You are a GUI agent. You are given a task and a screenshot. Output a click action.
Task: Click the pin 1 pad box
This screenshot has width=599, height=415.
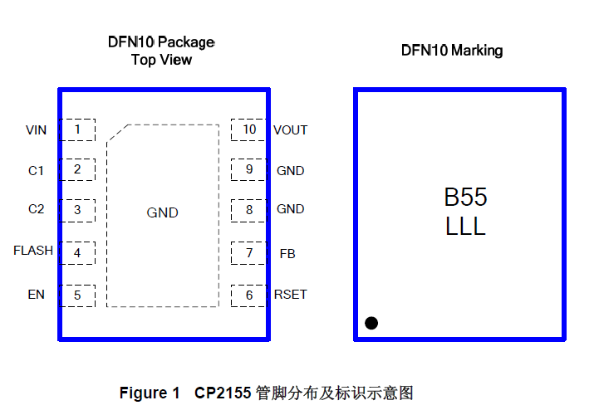pyautogui.click(x=77, y=129)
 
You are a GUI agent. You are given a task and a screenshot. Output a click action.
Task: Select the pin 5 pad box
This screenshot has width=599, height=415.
pyautogui.click(x=77, y=295)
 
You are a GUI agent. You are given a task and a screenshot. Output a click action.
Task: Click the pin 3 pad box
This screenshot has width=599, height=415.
pyautogui.click(x=77, y=209)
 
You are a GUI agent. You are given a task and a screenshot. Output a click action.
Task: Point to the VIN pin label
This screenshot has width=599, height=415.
pyautogui.click(x=36, y=130)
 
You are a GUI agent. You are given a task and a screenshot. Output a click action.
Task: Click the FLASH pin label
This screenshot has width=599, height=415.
pyautogui.click(x=33, y=251)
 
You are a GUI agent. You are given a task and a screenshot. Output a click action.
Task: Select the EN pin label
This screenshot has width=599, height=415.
pyautogui.click(x=36, y=295)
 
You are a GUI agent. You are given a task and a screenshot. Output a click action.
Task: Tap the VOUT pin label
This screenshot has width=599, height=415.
pyautogui.click(x=290, y=130)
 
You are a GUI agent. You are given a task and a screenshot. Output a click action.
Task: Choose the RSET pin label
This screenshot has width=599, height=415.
pyautogui.click(x=290, y=295)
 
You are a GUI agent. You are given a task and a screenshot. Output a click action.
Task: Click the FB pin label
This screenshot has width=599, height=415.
pyautogui.click(x=287, y=252)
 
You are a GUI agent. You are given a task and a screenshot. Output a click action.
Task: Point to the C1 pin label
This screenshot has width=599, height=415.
pyautogui.click(x=36, y=171)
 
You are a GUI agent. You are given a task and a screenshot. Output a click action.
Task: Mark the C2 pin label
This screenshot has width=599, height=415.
pyautogui.click(x=36, y=209)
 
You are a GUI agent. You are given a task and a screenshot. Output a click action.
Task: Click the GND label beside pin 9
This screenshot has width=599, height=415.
pyautogui.click(x=290, y=171)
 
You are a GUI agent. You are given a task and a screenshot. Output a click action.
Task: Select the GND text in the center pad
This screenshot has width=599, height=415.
pyautogui.click(x=162, y=213)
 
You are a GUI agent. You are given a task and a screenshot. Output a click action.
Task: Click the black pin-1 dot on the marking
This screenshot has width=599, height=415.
pyautogui.click(x=371, y=323)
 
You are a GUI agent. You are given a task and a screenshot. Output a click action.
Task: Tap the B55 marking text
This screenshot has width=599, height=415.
pyautogui.click(x=465, y=198)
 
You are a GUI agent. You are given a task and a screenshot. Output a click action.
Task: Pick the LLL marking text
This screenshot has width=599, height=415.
pyautogui.click(x=465, y=227)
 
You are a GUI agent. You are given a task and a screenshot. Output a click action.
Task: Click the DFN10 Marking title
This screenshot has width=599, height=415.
pyautogui.click(x=451, y=51)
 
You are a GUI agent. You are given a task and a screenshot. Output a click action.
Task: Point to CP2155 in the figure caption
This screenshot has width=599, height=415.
pyautogui.click(x=223, y=393)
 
